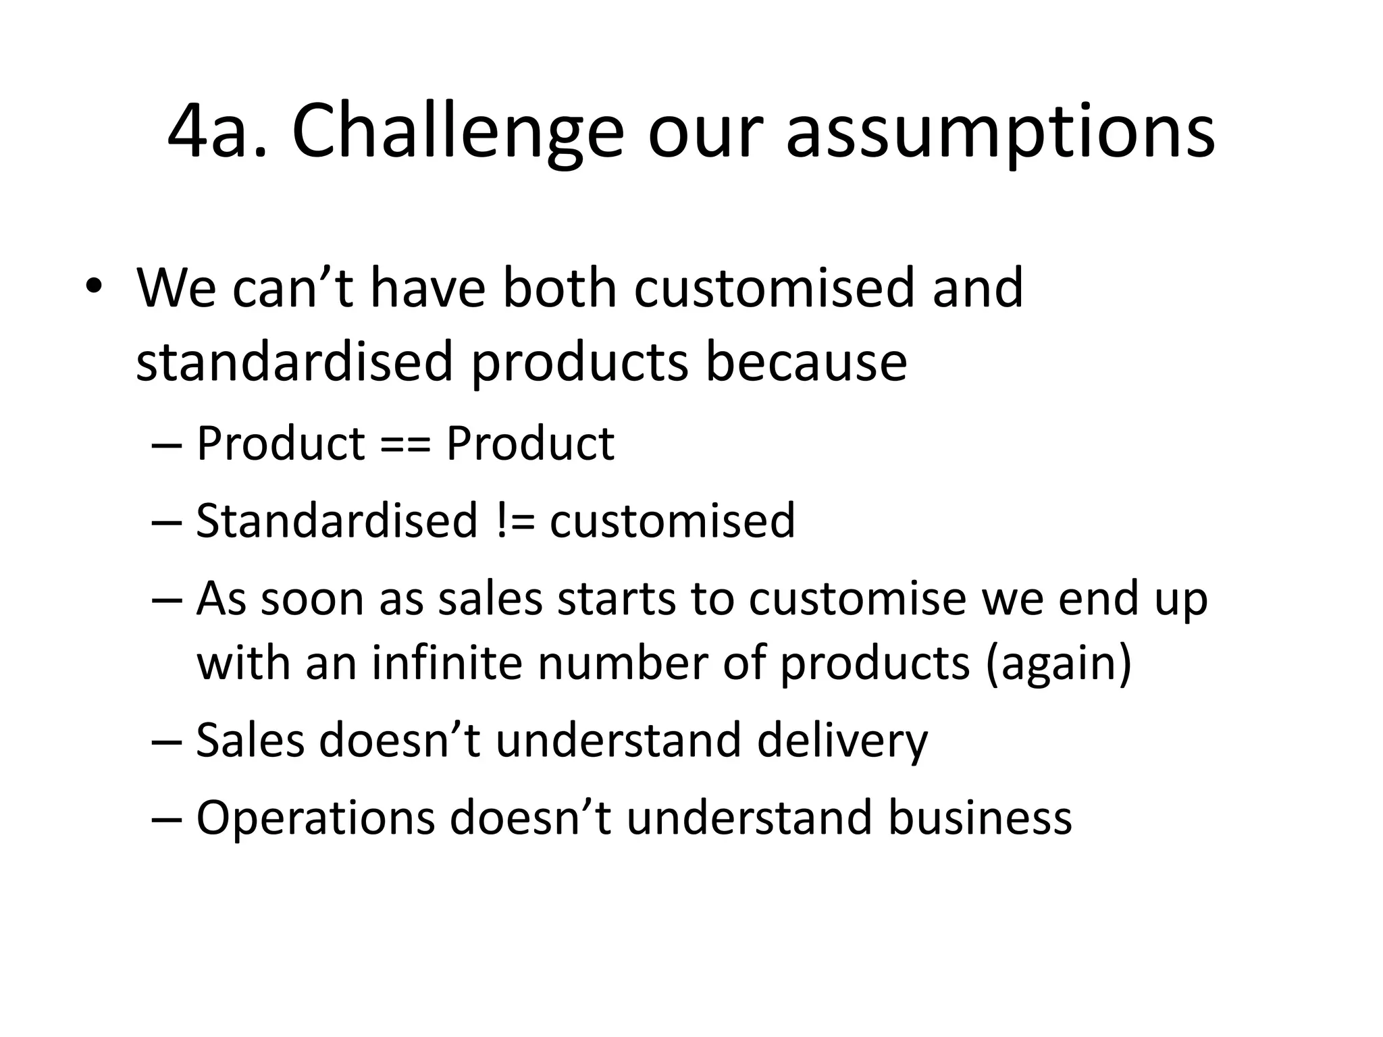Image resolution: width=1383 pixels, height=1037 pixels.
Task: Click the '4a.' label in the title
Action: tap(217, 132)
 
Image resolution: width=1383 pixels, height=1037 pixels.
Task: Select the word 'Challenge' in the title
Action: tap(457, 132)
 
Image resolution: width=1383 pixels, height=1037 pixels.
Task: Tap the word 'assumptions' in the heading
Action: tap(999, 132)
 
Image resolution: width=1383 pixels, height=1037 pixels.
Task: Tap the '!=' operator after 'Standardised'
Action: tap(513, 521)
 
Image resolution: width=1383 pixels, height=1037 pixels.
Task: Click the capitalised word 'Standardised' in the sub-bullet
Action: tap(336, 521)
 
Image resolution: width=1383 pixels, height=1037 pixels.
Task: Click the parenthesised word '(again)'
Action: tap(1058, 662)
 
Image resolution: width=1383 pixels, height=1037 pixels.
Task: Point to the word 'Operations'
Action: tap(315, 818)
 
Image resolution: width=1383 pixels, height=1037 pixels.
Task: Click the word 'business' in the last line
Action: tap(979, 818)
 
